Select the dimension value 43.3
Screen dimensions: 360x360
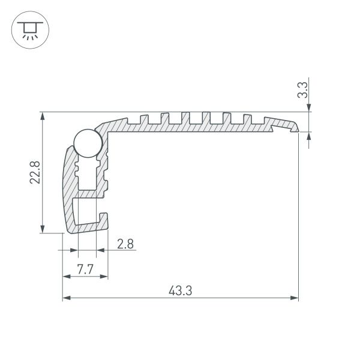(x=180, y=291)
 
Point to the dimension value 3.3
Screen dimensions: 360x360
(x=304, y=91)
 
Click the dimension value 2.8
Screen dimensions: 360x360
(x=126, y=244)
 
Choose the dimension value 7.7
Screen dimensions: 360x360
(x=85, y=269)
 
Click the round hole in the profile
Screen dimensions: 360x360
(x=86, y=144)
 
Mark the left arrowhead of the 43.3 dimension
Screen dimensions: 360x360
(x=67, y=297)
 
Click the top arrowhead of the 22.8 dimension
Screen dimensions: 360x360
(x=42, y=116)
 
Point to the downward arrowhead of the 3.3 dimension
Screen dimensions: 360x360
(x=309, y=108)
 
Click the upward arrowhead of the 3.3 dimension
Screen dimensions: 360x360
(x=309, y=135)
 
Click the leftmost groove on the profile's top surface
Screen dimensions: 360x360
(x=143, y=116)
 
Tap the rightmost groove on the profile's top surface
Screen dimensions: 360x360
(x=246, y=116)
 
